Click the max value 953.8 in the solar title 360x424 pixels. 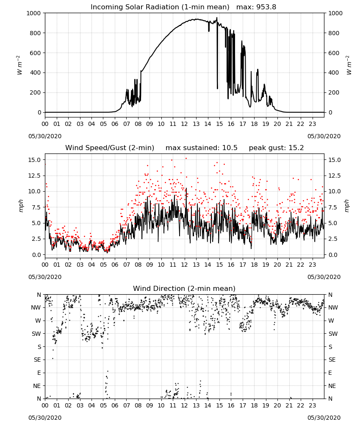266,7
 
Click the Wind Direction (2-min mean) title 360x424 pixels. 184,288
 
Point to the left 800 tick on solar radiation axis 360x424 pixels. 36,33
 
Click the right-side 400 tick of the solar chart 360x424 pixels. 334,73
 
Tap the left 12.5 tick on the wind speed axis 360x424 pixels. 35,176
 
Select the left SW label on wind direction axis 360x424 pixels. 36,334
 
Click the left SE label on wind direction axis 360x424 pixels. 37,360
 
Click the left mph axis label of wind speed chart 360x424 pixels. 21,206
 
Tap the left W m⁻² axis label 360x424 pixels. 19,65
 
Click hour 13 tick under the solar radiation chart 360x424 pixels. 196,124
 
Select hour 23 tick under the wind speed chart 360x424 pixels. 313,265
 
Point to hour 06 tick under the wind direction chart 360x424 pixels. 115,405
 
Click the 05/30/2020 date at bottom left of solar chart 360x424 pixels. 45,136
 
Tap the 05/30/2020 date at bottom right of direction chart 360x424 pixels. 324,418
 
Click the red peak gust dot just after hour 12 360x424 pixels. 186,159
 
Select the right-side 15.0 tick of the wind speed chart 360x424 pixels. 335,160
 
